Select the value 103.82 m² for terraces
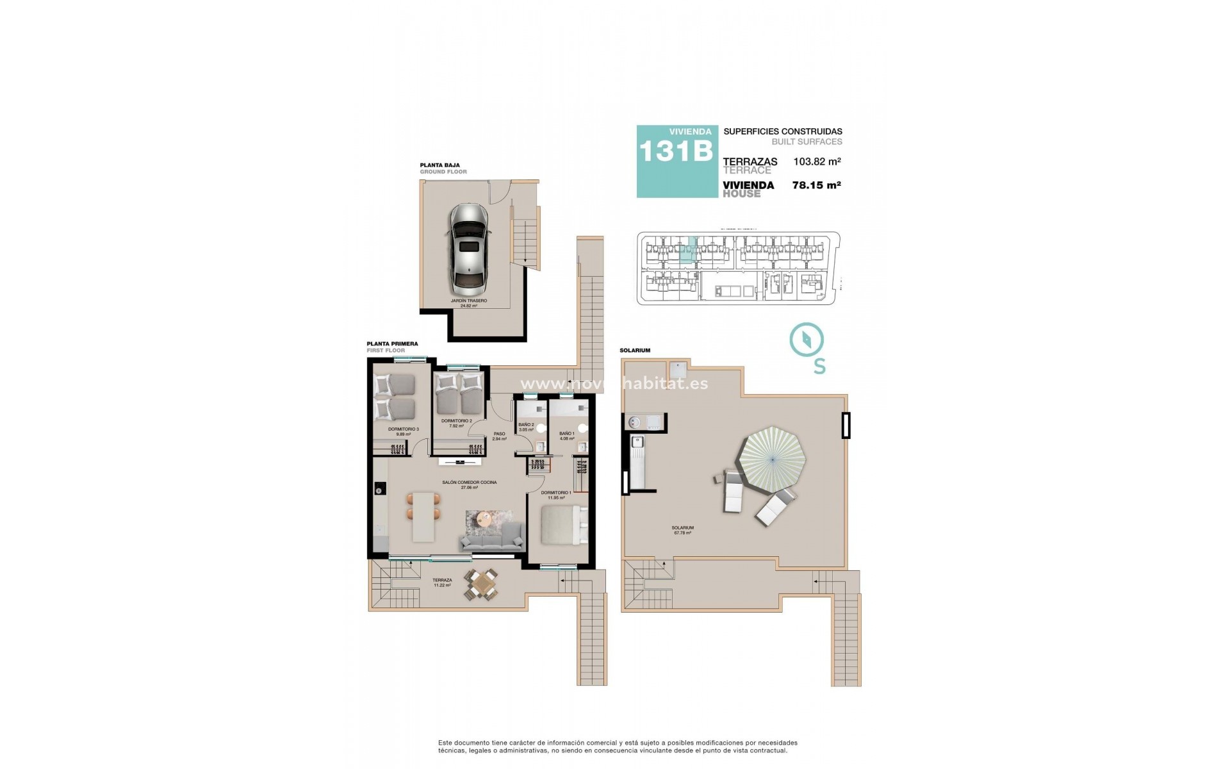pos(817,162)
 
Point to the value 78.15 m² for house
pos(816,185)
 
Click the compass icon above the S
pos(806,340)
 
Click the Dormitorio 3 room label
pos(403,431)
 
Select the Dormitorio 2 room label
pos(456,423)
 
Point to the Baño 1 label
pos(567,436)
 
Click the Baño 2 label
pos(526,427)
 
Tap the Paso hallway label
pos(499,436)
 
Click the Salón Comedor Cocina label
pos(470,484)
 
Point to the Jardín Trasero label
pos(469,302)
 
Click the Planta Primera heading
pos(392,344)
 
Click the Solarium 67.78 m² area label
pos(684,530)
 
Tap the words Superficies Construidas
pos(782,131)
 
